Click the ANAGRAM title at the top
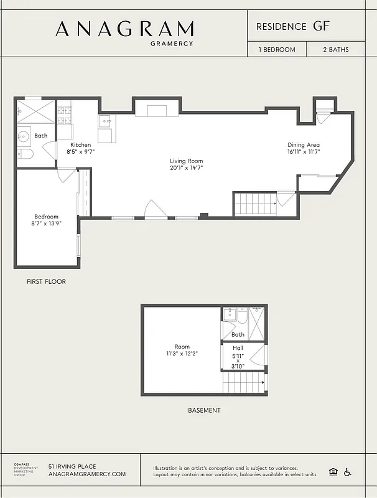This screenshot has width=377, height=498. tap(124, 29)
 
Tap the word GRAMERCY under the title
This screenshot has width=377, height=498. tap(172, 44)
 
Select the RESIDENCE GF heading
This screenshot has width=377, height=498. tap(292, 26)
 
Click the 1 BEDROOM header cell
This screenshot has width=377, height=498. tap(277, 50)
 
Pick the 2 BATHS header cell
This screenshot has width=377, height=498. tap(335, 50)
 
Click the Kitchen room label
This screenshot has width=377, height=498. tap(80, 145)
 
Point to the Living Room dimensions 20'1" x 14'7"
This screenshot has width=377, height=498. tap(187, 168)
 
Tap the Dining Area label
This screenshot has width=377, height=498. tap(303, 145)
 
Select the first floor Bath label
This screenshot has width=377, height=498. tap(40, 136)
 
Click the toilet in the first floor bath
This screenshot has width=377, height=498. tap(25, 154)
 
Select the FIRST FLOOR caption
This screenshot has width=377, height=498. tap(46, 281)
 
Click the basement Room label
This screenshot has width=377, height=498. tap(182, 347)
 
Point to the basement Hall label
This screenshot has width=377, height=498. tap(238, 348)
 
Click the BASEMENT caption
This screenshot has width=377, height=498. tap(204, 410)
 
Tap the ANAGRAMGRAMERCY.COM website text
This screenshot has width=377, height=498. tap(87, 474)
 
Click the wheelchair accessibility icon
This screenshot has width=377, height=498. tap(347, 472)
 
